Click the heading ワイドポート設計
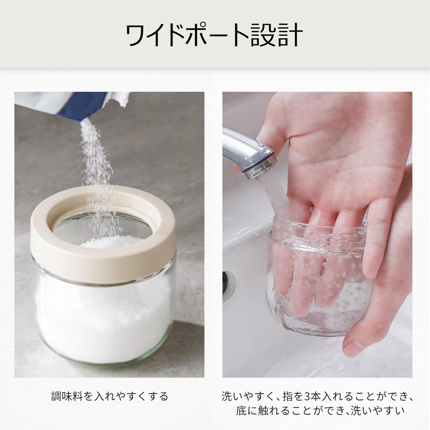[x=215, y=35]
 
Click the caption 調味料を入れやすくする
[x=109, y=396]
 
